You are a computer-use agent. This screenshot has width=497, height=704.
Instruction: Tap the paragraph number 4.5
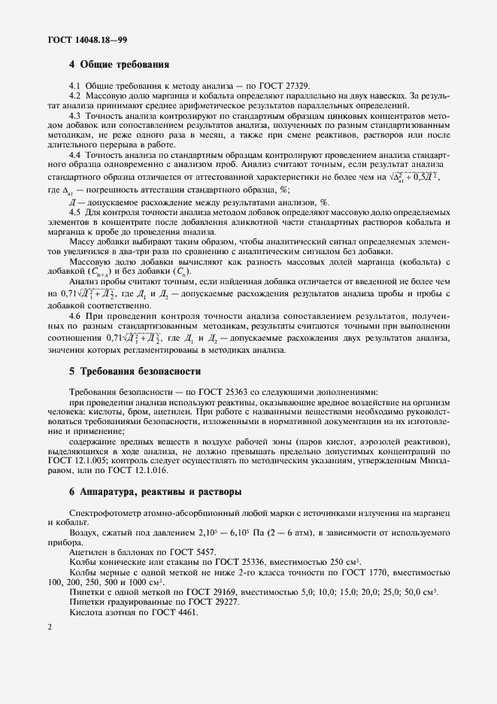point(75,213)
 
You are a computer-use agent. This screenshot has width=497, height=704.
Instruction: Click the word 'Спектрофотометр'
point(105,512)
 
